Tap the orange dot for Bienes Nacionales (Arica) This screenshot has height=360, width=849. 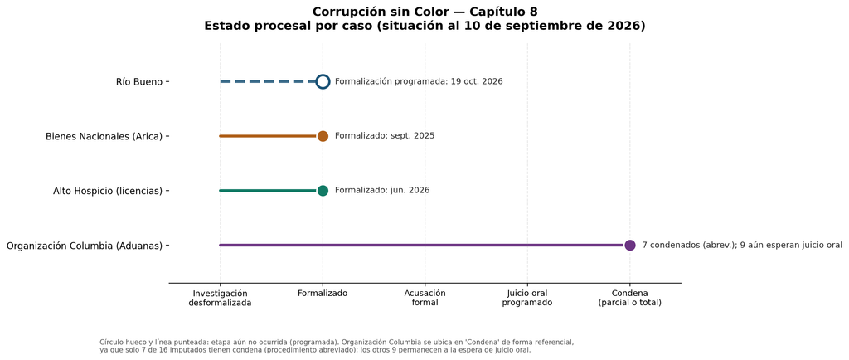(x=323, y=136)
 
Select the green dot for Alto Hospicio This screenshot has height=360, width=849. (x=323, y=191)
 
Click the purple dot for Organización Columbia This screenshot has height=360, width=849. (x=630, y=246)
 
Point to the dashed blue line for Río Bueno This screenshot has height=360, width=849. (x=268, y=82)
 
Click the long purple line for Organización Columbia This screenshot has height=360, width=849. (x=422, y=246)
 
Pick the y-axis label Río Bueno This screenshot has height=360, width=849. (x=139, y=82)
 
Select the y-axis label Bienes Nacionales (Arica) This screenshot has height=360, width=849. (x=104, y=136)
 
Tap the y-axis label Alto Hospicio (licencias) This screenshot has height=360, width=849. (x=108, y=191)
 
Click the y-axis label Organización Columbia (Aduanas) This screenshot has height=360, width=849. (x=85, y=246)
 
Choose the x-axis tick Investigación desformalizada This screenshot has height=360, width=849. (x=220, y=298)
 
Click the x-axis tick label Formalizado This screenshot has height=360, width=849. (x=323, y=294)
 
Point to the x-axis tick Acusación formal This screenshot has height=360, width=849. (x=425, y=298)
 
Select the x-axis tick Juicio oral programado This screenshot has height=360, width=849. (x=527, y=298)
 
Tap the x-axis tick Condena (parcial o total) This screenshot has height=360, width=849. (x=630, y=298)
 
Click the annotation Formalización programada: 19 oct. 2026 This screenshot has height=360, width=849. (x=419, y=82)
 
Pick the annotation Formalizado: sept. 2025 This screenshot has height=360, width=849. (x=385, y=136)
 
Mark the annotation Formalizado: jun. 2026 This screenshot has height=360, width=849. (x=382, y=191)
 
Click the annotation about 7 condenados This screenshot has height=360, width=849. (x=742, y=246)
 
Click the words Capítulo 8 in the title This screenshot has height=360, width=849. (x=503, y=12)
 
